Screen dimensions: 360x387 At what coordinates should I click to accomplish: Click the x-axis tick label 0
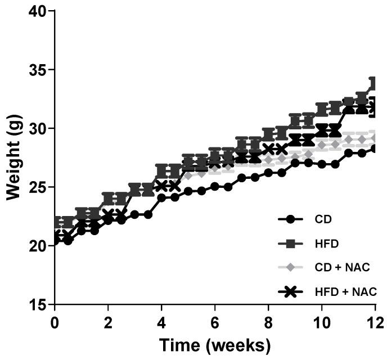tap(55, 323)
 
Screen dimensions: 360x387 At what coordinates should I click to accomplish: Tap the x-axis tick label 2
tap(108, 323)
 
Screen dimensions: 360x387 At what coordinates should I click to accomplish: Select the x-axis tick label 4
tap(161, 323)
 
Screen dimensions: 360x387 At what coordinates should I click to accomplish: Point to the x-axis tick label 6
tap(215, 323)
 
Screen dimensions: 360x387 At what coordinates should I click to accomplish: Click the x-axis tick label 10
tap(322, 323)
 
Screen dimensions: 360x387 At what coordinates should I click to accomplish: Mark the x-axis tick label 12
tap(375, 323)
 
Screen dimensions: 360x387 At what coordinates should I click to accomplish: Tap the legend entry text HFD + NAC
tap(343, 291)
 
